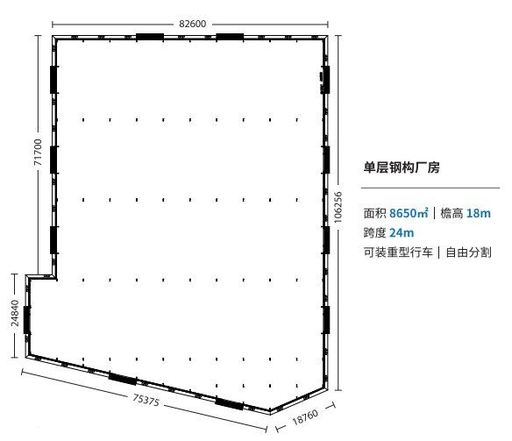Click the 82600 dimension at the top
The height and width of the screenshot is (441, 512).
(192, 24)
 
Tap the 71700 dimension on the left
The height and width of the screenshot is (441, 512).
(39, 152)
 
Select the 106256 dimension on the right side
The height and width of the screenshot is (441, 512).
(338, 207)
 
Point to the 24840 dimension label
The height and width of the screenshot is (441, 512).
(15, 313)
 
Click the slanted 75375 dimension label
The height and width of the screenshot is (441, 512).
(146, 400)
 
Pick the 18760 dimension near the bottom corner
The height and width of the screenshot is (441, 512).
(305, 417)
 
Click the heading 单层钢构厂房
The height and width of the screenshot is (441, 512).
(402, 167)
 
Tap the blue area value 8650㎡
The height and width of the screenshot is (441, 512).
(409, 213)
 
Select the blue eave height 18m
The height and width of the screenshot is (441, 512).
(479, 213)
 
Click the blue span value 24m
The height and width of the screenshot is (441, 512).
(402, 232)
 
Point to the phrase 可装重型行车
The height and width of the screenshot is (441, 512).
(398, 253)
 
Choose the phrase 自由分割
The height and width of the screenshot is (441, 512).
(468, 253)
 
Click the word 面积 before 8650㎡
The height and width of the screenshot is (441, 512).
(374, 213)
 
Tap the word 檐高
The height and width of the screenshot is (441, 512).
(452, 213)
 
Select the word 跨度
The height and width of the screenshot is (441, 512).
(374, 232)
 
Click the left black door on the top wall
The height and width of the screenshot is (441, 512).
(150, 37)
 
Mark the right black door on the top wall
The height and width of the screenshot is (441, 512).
(230, 37)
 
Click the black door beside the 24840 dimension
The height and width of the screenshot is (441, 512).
(27, 320)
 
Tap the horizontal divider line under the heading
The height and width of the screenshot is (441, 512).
(430, 188)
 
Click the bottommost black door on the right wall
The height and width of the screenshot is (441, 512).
(326, 320)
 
